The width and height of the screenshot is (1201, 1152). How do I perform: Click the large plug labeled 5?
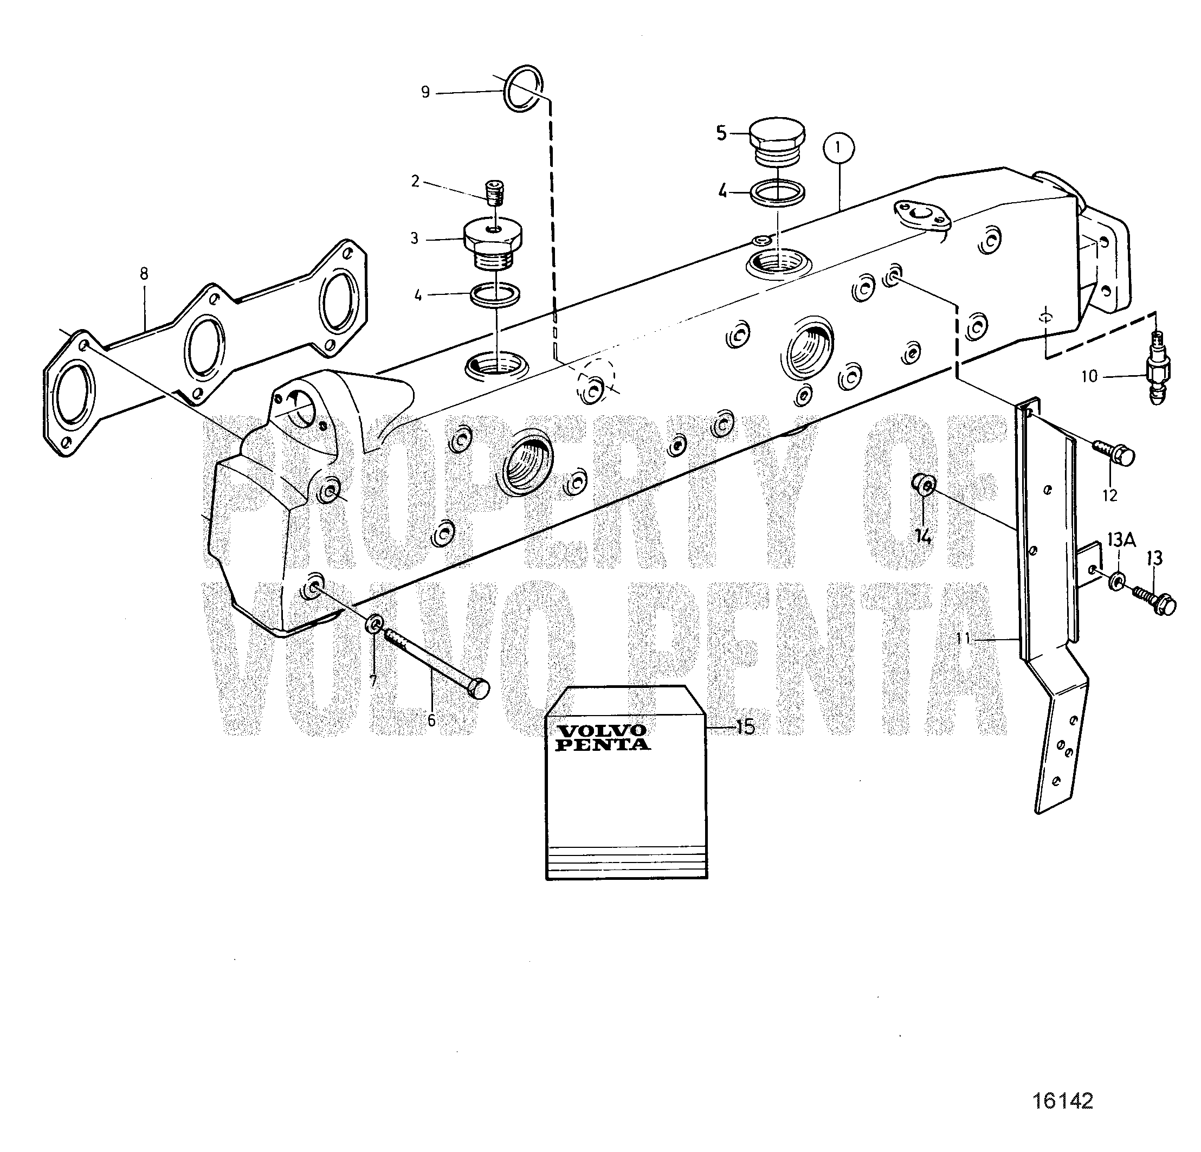pyautogui.click(x=777, y=140)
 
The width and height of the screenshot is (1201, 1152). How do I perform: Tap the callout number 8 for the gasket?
pyautogui.click(x=144, y=273)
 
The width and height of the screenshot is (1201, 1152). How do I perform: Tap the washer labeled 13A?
pyautogui.click(x=1116, y=580)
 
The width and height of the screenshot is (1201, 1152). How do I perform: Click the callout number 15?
pyautogui.click(x=745, y=727)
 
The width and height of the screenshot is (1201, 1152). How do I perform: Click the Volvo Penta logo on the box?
pyautogui.click(x=602, y=737)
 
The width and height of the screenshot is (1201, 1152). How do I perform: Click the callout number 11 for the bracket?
pyautogui.click(x=964, y=639)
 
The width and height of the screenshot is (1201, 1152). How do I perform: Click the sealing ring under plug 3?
pyautogui.click(x=495, y=294)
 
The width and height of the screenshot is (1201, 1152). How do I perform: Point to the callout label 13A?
pyautogui.click(x=1121, y=539)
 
